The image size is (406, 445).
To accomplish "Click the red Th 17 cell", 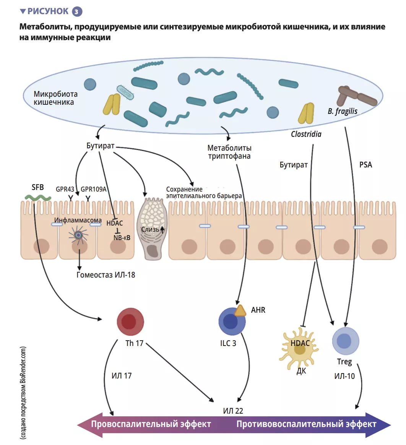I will point(130,322).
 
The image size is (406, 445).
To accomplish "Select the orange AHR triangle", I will point(240,310).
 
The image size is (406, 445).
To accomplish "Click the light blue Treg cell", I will point(345,341).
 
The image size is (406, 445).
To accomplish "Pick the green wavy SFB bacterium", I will point(38,198).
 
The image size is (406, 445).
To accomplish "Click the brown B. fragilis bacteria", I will point(356,97).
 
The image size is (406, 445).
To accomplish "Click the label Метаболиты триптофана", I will point(229,152).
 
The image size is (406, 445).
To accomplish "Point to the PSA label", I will point(365,165).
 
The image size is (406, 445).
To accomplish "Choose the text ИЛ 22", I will point(233,411).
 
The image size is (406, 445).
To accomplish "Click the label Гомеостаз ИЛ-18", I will point(106,275).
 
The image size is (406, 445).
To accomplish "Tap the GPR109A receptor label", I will point(93,189).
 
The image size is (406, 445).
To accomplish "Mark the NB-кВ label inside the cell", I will point(122,238).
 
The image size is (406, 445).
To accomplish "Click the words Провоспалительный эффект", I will point(151,424).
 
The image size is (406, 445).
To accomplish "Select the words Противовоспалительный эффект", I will point(306,424).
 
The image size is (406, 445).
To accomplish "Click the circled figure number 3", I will point(76,12).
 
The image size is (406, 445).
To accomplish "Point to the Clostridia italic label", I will point(306,134).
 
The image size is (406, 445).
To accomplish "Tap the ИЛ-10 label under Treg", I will point(344,376).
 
